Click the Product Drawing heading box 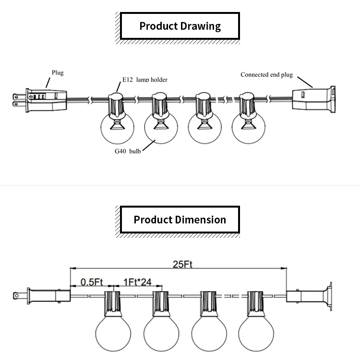click(180, 26)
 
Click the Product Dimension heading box click(180, 220)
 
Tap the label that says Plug click(58, 73)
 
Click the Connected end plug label click(266, 75)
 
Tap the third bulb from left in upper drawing click(204, 127)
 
